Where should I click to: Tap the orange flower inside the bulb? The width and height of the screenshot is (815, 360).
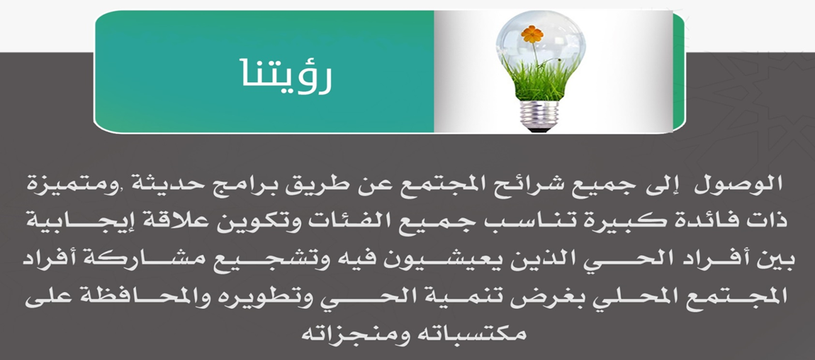532,34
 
